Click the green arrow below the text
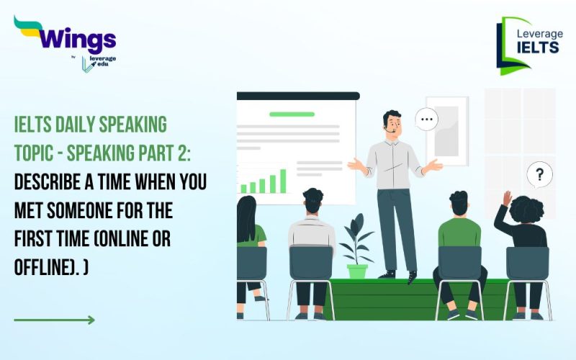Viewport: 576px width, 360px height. [x=54, y=320]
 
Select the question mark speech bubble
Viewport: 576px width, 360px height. [x=539, y=174]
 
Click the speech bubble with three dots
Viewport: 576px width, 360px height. [x=427, y=120]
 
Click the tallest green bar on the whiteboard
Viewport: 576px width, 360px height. [x=283, y=181]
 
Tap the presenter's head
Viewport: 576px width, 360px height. [x=392, y=123]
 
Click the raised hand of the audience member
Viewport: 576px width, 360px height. [x=507, y=199]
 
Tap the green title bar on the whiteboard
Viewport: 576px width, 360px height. [x=292, y=114]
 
